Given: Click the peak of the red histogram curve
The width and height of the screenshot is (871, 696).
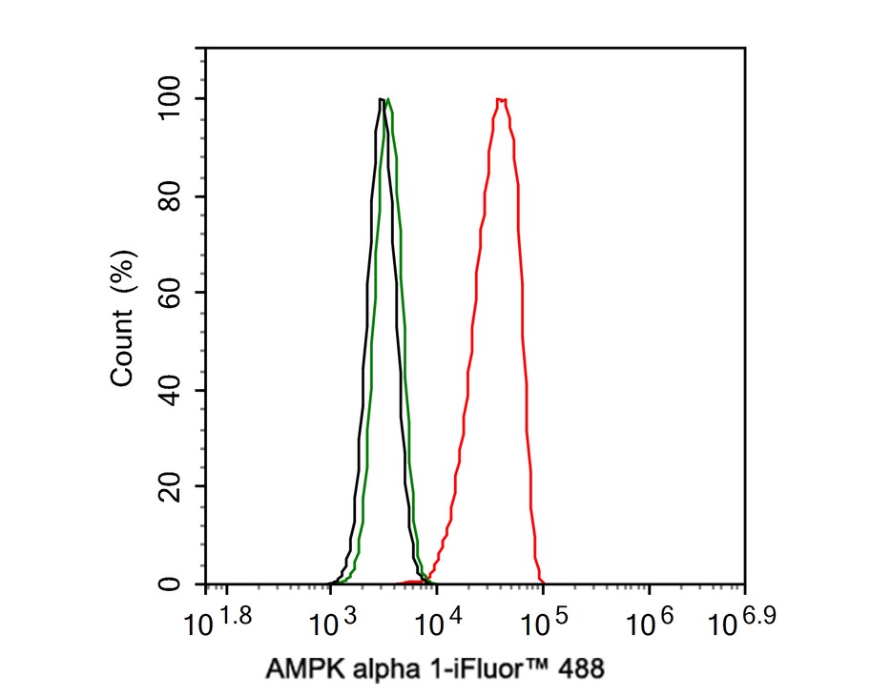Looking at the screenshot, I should [x=501, y=99].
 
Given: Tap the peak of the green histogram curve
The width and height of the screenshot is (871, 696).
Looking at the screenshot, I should [x=387, y=99].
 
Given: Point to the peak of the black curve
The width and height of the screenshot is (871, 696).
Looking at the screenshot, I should [x=381, y=99].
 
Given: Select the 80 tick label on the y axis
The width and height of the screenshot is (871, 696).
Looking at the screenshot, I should [x=176, y=196].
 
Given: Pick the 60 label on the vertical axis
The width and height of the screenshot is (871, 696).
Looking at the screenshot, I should [x=176, y=293].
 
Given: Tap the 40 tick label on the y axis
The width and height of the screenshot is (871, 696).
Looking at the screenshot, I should [x=176, y=390].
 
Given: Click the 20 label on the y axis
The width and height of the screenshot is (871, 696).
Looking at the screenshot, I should [x=176, y=486].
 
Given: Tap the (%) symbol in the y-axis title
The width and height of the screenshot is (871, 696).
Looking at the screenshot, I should [x=123, y=273].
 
